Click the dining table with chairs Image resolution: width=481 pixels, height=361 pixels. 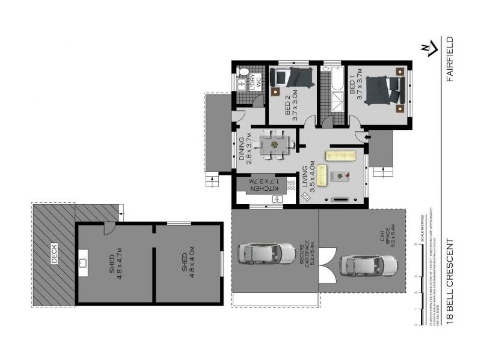pyautogui.click(x=274, y=145)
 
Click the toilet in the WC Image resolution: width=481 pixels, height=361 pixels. pyautogui.click(x=243, y=72)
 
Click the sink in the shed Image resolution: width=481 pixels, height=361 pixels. pyautogui.click(x=82, y=262)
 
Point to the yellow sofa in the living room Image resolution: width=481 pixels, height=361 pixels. pyautogui.click(x=341, y=156)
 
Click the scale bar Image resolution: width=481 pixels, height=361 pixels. pyautogui.click(x=417, y=283)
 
